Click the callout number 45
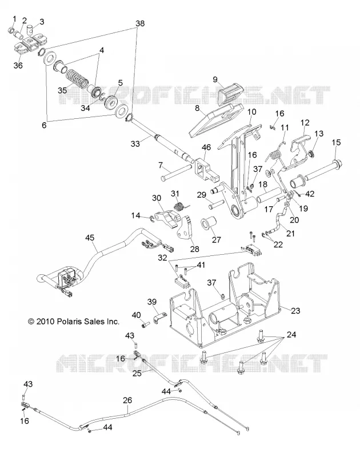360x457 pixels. pos(90,238)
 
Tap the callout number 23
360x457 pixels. pos(295,311)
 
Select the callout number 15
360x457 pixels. pos(336,142)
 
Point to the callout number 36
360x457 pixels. pos(18,65)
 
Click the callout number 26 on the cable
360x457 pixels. pos(127,400)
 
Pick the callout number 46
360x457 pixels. pos(206,147)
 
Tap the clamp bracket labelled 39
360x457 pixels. pos(159,318)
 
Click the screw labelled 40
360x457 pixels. pos(145,324)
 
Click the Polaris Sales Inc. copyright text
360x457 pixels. pos(74,322)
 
